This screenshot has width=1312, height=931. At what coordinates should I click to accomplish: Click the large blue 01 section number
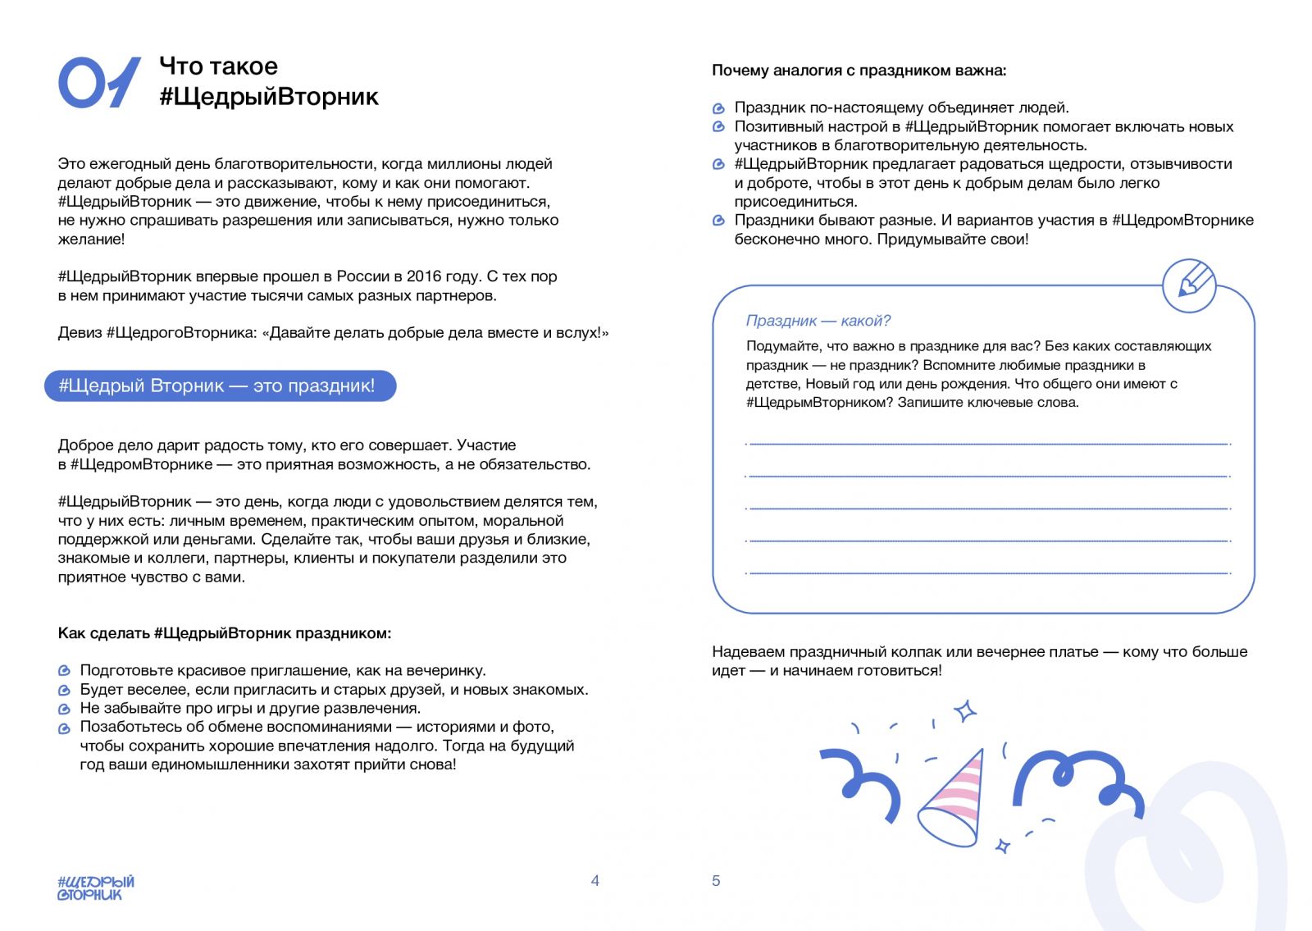(98, 82)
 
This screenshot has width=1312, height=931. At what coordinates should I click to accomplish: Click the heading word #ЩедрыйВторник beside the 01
(269, 97)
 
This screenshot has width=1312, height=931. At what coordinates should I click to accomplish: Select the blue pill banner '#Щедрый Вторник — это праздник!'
(220, 386)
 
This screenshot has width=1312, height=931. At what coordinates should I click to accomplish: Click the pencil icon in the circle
(1189, 285)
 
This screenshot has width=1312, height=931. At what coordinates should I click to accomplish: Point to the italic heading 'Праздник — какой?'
(818, 321)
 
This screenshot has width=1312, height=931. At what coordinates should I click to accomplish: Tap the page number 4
(594, 881)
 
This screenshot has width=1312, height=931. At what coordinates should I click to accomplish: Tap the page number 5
(716, 881)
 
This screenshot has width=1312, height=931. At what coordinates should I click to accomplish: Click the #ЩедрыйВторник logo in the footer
(95, 888)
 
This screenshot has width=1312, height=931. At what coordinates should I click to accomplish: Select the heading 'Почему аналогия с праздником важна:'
(859, 71)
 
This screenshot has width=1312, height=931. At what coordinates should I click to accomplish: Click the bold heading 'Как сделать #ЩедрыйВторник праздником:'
(224, 633)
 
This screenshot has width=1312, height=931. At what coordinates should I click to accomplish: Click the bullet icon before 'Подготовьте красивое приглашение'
(65, 671)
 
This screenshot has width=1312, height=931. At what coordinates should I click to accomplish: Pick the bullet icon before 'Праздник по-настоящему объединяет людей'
(719, 108)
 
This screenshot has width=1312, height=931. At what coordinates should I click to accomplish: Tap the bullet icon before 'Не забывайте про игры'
(65, 709)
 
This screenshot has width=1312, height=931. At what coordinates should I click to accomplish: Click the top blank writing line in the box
(988, 444)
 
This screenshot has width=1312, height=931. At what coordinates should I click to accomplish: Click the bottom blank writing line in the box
(988, 573)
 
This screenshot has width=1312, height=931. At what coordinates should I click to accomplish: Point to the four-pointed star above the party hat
(965, 710)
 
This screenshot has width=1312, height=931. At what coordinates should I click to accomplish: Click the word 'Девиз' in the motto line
(80, 333)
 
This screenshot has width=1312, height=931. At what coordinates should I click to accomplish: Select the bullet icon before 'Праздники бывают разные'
(719, 221)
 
